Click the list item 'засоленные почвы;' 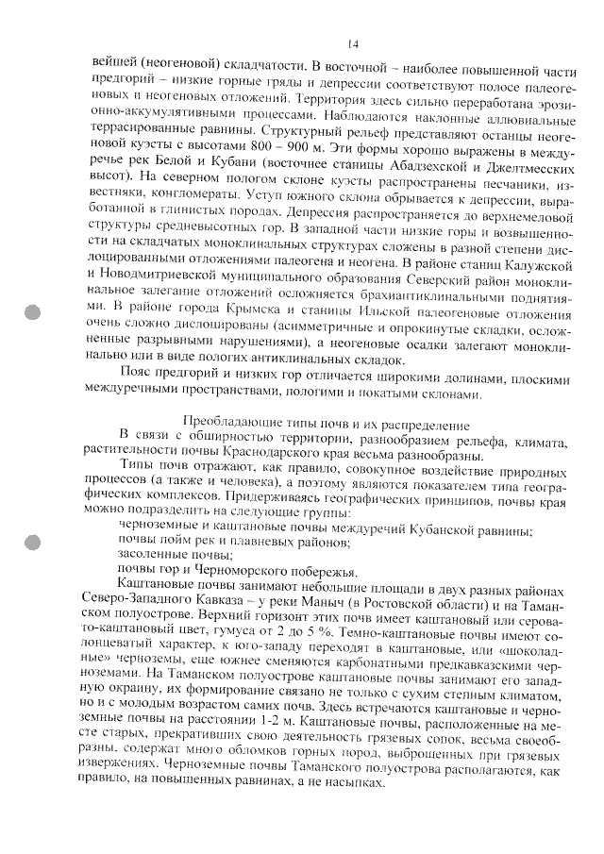[x=165, y=556]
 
